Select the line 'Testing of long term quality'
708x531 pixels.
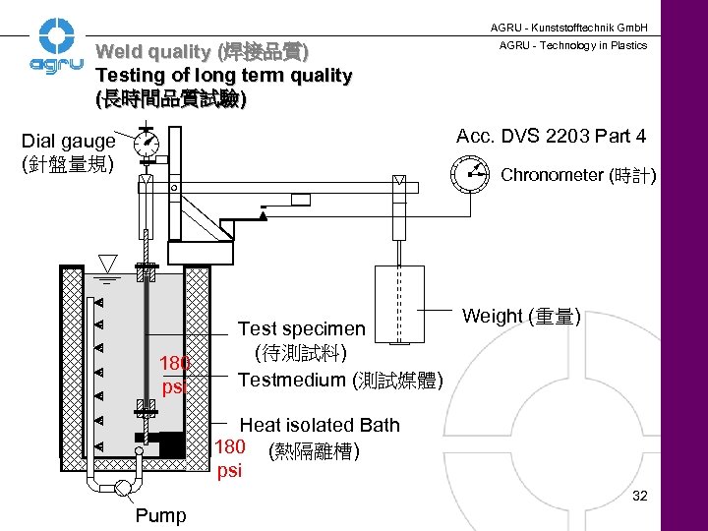coord(223,76)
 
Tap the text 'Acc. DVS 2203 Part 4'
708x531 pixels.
coord(551,136)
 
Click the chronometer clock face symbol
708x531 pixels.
coord(470,175)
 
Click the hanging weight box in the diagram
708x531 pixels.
coord(399,304)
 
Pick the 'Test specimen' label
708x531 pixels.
coord(302,328)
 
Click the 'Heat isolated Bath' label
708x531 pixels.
coord(320,425)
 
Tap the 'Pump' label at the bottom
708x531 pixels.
coord(160,515)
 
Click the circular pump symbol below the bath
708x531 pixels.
coord(125,489)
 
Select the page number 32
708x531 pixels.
coord(640,496)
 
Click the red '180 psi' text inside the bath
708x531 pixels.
coord(175,375)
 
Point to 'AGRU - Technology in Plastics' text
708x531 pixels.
coord(573,45)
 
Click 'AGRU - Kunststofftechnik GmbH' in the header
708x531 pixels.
coord(576,27)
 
